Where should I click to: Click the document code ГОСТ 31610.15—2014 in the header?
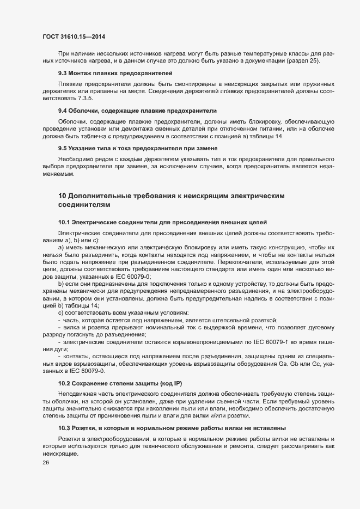[74, 36]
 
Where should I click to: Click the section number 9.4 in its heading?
[63, 110]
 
